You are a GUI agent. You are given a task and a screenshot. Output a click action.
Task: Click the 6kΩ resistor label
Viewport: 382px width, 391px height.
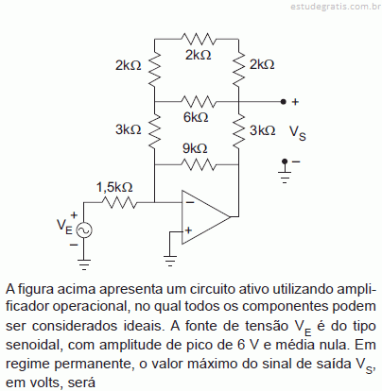pos(196,117)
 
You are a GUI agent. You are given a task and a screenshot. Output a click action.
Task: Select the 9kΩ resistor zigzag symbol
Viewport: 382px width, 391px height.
pos(199,164)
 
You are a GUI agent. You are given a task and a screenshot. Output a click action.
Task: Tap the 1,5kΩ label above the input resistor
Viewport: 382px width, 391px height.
pos(114,187)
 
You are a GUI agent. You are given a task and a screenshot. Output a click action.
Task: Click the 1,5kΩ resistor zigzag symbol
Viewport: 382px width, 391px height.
pos(119,202)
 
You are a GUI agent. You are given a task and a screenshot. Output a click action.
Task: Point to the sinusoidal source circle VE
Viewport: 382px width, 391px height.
pos(84,230)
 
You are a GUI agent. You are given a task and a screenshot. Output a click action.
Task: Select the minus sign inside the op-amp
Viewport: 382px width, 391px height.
pos(190,202)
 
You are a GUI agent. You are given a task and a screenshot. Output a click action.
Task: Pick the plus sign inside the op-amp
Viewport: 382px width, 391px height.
pos(188,230)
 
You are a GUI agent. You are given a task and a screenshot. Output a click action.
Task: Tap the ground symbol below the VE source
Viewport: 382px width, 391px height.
pos(84,264)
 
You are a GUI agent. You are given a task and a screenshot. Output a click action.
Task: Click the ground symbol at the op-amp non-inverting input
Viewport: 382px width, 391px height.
pos(170,261)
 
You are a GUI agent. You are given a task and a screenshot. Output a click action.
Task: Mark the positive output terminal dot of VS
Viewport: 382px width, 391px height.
pos(284,102)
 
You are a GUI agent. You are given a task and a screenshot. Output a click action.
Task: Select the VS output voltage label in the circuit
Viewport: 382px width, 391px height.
pos(298,132)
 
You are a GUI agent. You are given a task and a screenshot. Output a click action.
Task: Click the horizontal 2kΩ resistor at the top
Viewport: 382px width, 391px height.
pos(199,39)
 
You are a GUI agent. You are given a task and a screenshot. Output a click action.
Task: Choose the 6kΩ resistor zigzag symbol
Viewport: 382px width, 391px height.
pos(199,102)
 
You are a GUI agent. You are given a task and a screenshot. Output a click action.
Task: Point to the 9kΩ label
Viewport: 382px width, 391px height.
pos(195,148)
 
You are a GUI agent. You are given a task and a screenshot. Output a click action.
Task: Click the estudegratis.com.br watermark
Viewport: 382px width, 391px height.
pos(336,7)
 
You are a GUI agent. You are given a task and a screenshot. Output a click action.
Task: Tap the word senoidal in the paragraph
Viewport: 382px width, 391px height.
pos(32,345)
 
